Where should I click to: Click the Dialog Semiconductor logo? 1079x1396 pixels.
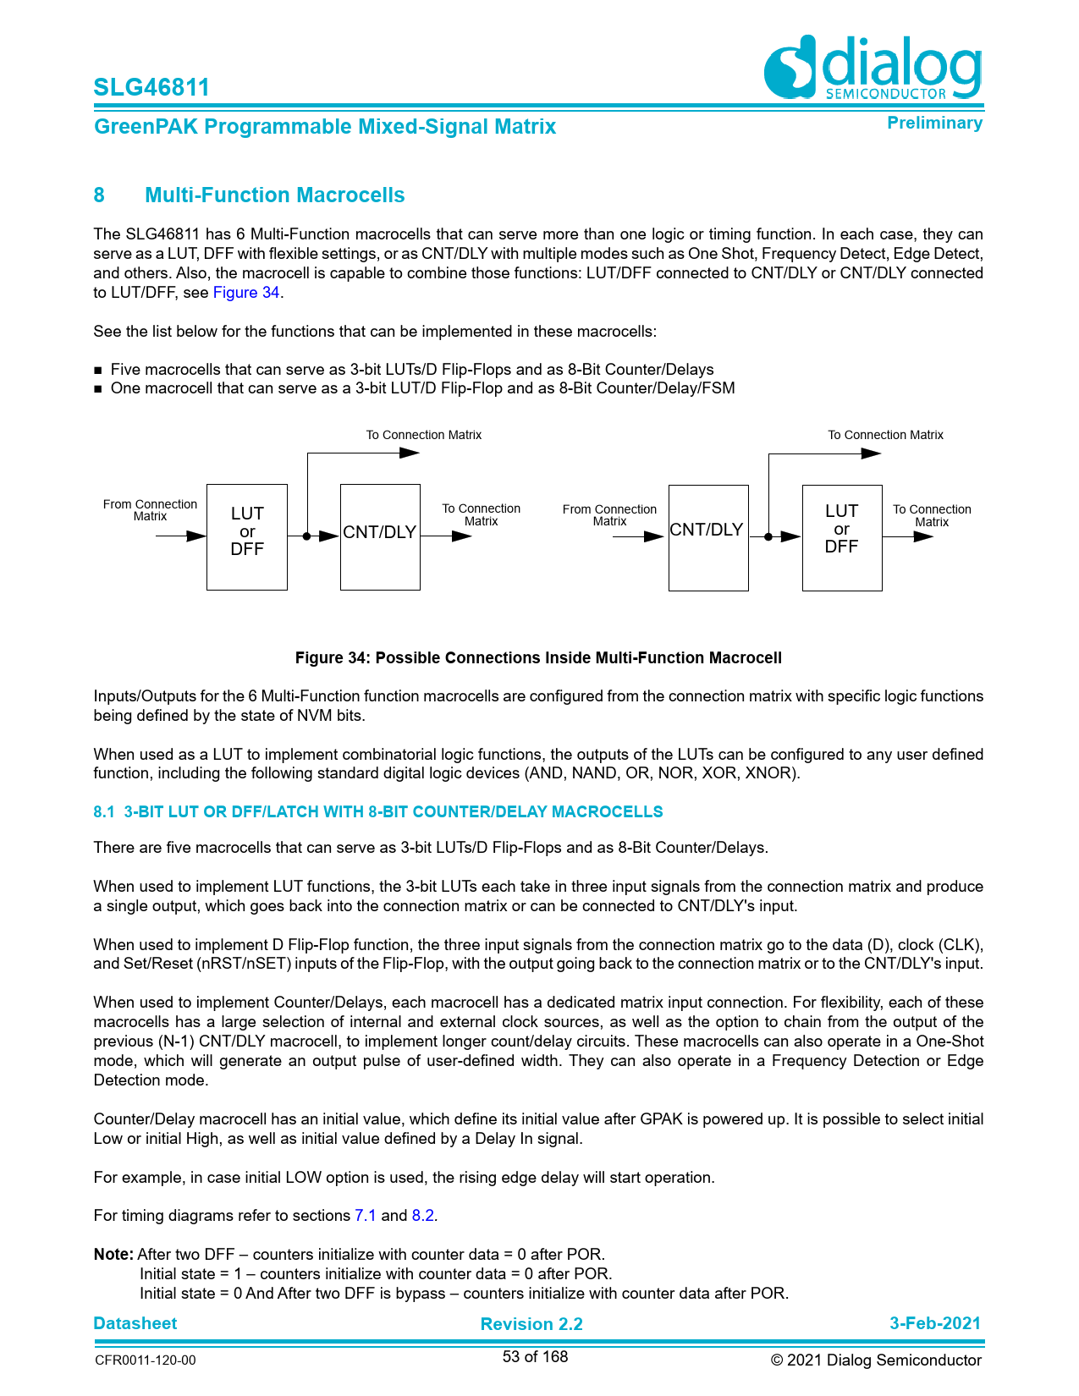click(x=873, y=68)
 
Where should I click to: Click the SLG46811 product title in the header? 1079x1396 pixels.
click(x=151, y=87)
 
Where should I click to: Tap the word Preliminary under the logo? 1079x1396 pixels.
click(x=934, y=124)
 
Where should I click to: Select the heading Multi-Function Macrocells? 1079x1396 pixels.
click(x=274, y=195)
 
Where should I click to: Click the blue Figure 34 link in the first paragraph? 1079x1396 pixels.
click(x=245, y=293)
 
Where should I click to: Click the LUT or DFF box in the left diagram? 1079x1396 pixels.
click(x=247, y=536)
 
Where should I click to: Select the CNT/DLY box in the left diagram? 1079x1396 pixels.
click(x=380, y=536)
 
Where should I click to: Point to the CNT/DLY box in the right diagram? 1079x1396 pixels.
click(x=707, y=537)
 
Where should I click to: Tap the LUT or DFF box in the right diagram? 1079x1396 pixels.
click(x=842, y=537)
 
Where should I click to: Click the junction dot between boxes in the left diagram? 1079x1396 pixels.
click(x=306, y=536)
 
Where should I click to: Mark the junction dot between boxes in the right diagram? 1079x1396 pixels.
click(x=768, y=536)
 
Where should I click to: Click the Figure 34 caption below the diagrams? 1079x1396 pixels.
click(x=538, y=658)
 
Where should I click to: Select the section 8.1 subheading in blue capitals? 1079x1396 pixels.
click(x=378, y=812)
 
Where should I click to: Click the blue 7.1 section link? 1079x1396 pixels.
click(x=366, y=1216)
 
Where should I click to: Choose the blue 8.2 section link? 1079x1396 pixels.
click(x=423, y=1216)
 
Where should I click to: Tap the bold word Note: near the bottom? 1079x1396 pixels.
click(x=113, y=1255)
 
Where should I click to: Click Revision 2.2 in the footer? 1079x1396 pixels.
click(x=531, y=1324)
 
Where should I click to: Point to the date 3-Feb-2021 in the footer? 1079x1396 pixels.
click(x=934, y=1323)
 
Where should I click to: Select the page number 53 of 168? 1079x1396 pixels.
click(x=535, y=1357)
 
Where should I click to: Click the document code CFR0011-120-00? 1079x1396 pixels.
click(x=145, y=1360)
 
